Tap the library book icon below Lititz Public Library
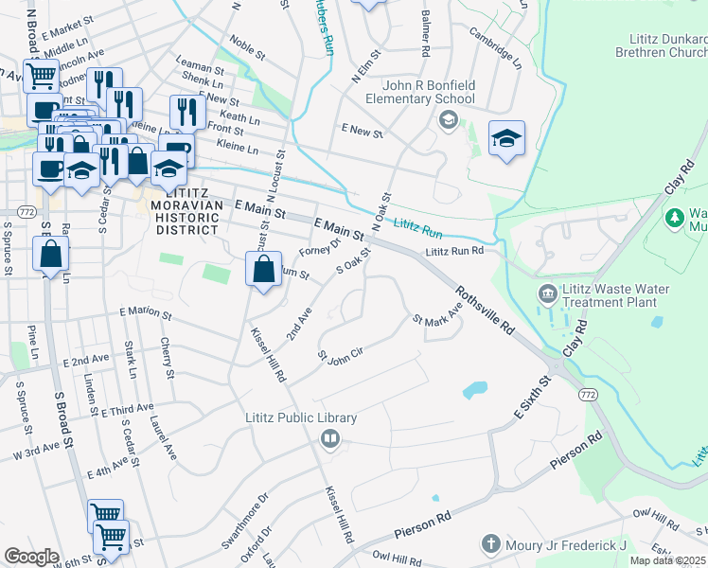tap(329, 437)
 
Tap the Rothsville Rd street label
tap(484, 309)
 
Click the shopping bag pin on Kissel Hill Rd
tap(262, 270)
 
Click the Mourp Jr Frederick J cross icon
tap(490, 544)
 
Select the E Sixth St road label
tap(532, 398)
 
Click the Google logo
tap(30, 557)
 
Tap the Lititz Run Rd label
tap(454, 251)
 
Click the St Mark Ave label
tap(436, 313)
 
